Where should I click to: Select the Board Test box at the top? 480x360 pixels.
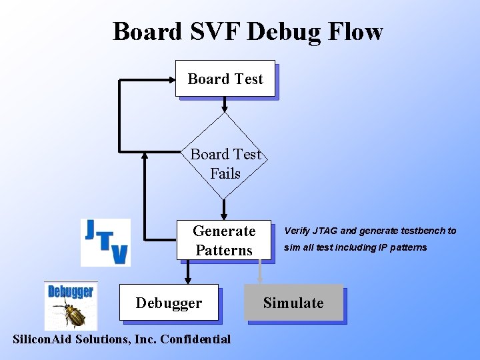[x=225, y=79]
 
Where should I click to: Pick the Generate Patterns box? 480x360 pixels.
[x=224, y=240]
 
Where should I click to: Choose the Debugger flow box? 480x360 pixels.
[x=169, y=303]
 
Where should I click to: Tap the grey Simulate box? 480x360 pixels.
[x=293, y=303]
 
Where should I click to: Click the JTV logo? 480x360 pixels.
[x=105, y=242]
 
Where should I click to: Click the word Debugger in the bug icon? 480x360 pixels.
[x=71, y=291]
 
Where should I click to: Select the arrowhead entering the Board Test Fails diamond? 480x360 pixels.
[x=225, y=107]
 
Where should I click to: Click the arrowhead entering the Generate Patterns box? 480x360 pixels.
[x=225, y=215]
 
